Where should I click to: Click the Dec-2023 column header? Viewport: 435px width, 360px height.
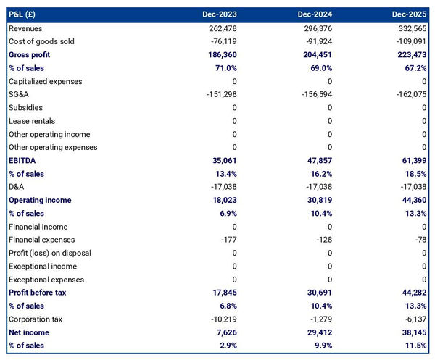[x=219, y=14]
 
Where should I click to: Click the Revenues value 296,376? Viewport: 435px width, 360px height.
[x=314, y=28]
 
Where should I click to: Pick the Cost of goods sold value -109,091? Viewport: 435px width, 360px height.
[x=409, y=41]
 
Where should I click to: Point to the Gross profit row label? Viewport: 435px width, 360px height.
[x=29, y=54]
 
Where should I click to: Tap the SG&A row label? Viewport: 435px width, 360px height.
[x=18, y=94]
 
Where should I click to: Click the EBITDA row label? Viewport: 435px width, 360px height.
[x=22, y=160]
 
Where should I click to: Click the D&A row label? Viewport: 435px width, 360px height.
[x=17, y=187]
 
